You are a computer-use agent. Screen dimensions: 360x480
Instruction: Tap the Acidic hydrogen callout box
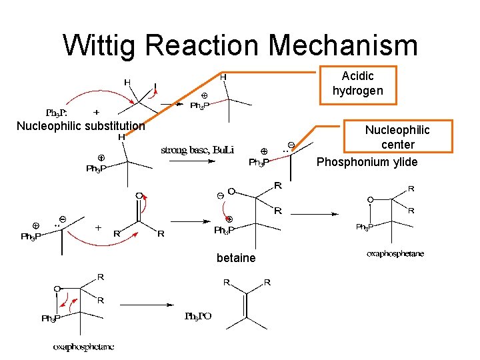click(357, 84)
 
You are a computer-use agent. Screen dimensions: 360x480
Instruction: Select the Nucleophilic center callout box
click(397, 137)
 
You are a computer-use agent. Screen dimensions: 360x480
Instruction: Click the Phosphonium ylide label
click(367, 163)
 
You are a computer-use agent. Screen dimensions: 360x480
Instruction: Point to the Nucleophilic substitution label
click(81, 126)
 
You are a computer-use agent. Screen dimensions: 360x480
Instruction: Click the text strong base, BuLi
click(197, 150)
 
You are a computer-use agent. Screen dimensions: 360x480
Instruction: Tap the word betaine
click(236, 258)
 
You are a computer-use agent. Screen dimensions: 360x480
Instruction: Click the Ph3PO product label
click(198, 316)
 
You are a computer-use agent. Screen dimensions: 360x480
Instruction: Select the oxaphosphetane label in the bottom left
click(84, 346)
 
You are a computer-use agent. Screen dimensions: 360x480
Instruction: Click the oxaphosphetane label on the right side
click(395, 254)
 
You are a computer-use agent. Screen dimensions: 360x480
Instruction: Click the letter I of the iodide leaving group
click(155, 87)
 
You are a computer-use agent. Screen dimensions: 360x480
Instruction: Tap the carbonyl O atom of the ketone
click(139, 195)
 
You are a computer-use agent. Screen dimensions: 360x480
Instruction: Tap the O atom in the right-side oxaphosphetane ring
click(370, 199)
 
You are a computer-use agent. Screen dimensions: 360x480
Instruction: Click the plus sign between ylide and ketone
click(98, 227)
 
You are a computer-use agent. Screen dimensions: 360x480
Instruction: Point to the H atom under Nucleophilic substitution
click(122, 137)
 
